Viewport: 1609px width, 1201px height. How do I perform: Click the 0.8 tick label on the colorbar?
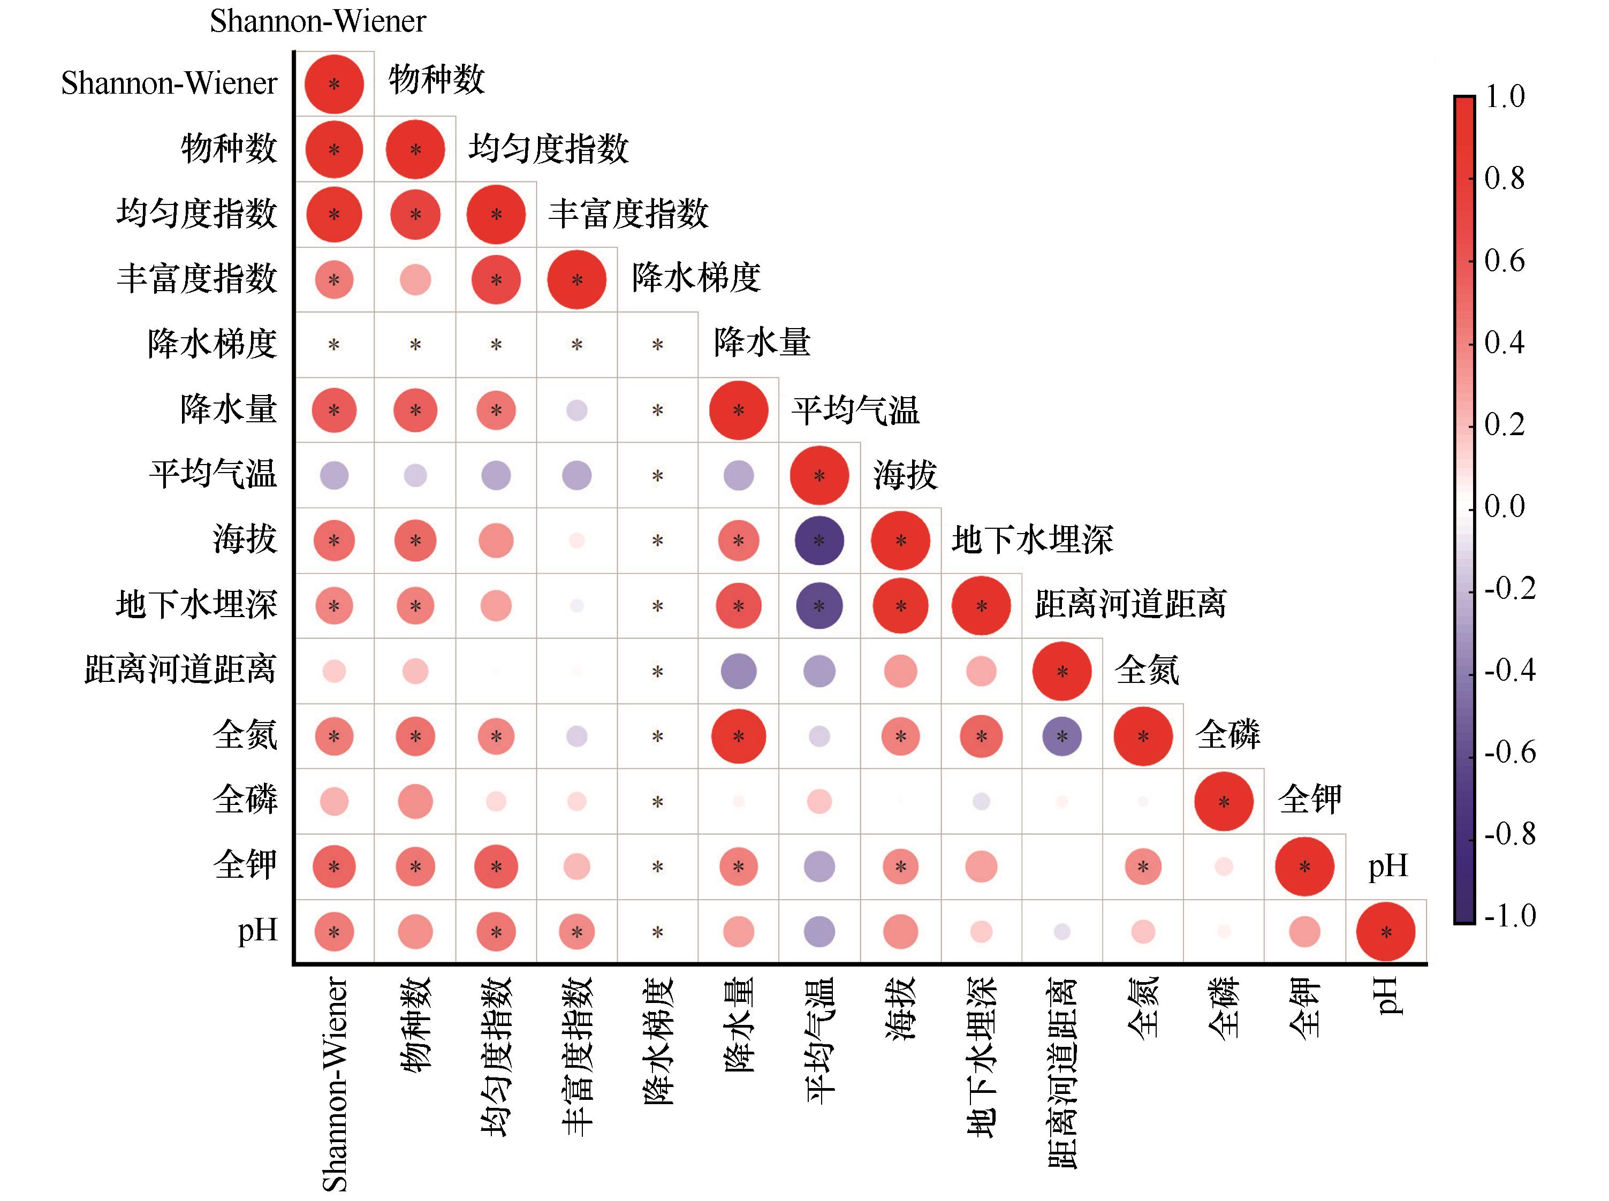(1504, 178)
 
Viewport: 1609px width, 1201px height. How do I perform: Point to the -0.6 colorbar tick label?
(1509, 752)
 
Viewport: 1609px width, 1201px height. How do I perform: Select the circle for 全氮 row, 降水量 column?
(739, 736)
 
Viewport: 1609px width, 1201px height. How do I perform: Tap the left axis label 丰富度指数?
(197, 278)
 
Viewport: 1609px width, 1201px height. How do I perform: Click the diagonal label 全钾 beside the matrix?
(1309, 799)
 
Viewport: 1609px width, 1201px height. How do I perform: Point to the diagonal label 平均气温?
(856, 410)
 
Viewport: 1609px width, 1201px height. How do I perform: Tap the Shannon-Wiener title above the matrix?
(318, 21)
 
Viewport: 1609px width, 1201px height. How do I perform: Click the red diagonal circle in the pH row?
(1386, 932)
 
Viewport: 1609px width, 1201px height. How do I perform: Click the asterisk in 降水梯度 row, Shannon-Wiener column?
(333, 345)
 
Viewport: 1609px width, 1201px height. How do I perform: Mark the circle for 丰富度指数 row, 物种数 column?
(415, 280)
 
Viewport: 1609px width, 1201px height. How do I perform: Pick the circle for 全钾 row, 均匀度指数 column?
(496, 866)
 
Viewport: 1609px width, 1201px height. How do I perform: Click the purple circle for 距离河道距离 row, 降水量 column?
(739, 671)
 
